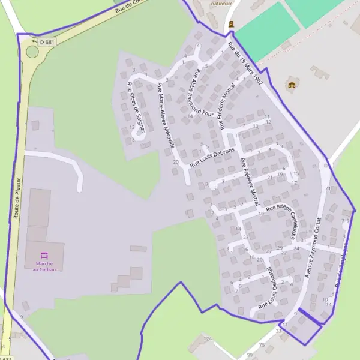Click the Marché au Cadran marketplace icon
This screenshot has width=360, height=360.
click(43, 254)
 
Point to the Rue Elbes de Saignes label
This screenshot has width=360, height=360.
click(135, 108)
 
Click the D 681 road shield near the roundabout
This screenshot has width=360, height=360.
click(46, 42)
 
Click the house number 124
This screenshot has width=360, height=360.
click(208, 340)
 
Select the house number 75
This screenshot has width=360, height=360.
click(262, 344)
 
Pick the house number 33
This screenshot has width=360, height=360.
click(278, 331)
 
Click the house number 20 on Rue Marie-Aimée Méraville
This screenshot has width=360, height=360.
click(176, 163)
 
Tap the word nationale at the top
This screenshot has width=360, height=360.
click(221, 4)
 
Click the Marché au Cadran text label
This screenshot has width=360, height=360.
click(44, 266)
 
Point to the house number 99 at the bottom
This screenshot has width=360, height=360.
click(249, 356)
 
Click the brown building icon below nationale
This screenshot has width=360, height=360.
click(232, 25)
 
